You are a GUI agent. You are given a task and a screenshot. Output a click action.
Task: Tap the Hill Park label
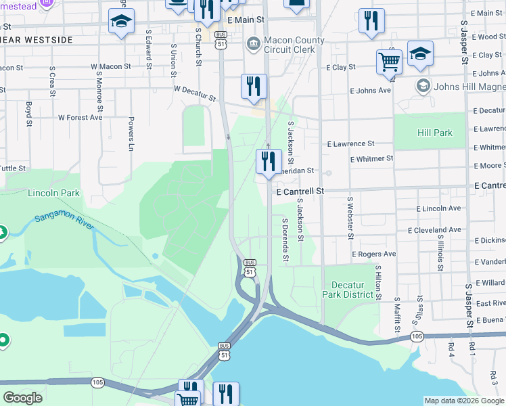coord(435,133)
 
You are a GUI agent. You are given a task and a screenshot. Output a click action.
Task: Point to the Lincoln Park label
coord(53,193)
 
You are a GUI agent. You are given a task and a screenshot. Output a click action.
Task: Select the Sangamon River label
coord(63,220)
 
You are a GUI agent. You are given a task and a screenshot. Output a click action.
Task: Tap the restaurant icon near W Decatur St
coord(254,87)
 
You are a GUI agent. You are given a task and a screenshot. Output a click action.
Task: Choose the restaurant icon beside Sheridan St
coord(269,162)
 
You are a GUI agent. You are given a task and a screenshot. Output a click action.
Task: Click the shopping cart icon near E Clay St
coord(389,62)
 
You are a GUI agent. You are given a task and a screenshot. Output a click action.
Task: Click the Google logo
coord(22,398)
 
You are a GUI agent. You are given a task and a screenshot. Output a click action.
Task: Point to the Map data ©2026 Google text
coord(464,401)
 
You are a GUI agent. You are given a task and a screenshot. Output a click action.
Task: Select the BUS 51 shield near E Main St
coord(221,39)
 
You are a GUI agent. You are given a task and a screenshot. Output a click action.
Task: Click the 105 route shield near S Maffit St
coord(416,336)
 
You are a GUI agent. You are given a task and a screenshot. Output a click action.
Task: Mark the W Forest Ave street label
coord(80,117)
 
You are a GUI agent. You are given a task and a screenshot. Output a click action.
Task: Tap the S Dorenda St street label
coord(285,240)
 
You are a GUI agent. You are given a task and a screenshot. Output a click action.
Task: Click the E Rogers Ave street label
coord(373,254)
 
